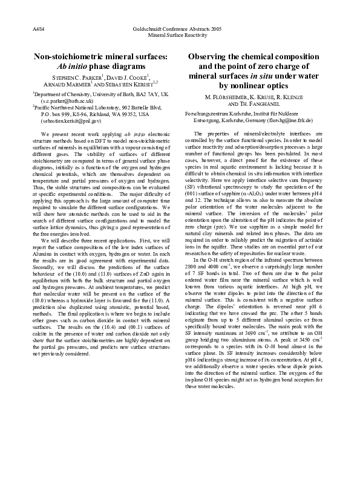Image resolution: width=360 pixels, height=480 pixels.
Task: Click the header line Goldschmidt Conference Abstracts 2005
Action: coord(180,29)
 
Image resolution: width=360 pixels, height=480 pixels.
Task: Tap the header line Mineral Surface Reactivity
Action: coord(180,35)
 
